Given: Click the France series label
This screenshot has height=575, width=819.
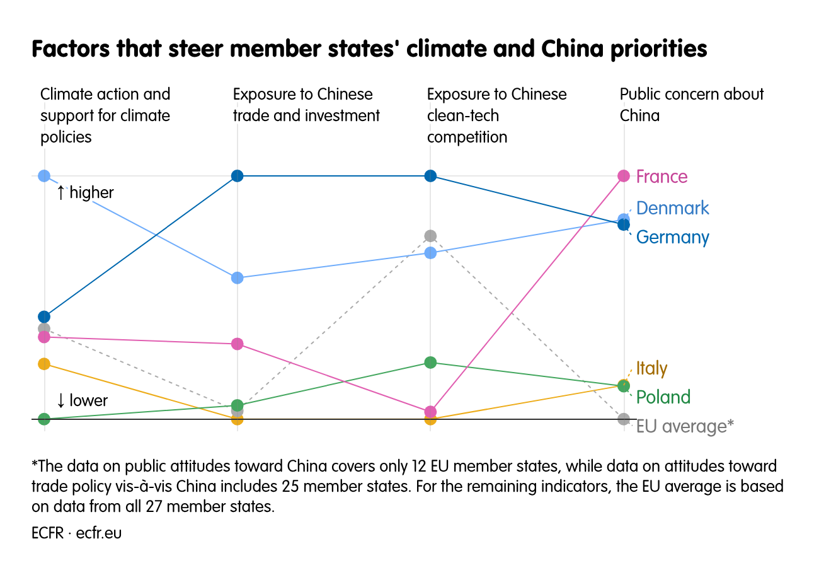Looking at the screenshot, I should coord(661,177).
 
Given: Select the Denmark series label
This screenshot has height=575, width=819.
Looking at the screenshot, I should coord(672,208).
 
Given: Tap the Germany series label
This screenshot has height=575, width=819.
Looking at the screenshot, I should coord(672,237).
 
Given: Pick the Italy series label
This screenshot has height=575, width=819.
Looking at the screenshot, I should coord(651,368).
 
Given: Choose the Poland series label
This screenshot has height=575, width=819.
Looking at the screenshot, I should coord(663,397).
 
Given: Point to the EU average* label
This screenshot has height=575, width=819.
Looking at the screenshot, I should coord(685,427).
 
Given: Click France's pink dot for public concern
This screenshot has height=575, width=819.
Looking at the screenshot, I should coord(624,176).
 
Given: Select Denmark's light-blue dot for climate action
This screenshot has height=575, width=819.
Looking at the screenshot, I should coord(44,176).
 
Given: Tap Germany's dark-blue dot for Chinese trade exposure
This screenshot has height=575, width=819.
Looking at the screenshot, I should coord(238,176).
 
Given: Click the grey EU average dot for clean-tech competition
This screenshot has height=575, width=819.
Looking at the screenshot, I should coord(430,236).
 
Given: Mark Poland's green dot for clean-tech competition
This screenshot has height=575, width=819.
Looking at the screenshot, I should coord(430,363).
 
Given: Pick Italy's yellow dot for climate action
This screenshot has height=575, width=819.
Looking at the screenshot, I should coord(44,364).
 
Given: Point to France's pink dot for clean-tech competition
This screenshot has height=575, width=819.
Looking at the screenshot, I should coord(430,412).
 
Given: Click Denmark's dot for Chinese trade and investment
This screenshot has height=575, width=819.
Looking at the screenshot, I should coord(238,278).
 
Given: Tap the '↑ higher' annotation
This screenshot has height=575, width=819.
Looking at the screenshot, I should coord(85,192).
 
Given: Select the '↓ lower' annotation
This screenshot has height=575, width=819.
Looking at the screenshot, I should coord(82,400).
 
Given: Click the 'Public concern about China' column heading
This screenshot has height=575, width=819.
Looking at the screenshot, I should coord(691,105).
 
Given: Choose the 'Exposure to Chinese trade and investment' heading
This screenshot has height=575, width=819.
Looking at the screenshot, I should coord(306,105).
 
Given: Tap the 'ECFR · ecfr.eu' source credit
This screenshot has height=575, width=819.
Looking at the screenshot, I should coord(76,533).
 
